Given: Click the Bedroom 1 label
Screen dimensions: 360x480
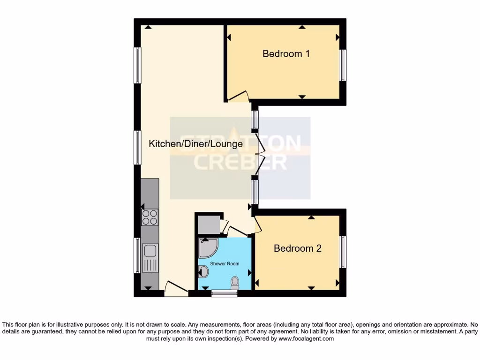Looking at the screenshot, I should (x=286, y=54).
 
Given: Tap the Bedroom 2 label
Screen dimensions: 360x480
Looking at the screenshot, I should (x=298, y=248).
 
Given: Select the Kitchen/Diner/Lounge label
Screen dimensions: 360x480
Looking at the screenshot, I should (x=195, y=144).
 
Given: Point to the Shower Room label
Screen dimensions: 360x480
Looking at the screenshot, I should (x=225, y=264).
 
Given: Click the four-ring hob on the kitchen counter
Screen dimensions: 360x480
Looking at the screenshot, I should (x=150, y=217).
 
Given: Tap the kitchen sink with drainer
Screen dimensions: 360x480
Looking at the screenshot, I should (x=150, y=258).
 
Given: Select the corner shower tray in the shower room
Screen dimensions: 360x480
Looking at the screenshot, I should (x=207, y=247).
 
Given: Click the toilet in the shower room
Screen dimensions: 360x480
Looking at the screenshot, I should (x=235, y=282).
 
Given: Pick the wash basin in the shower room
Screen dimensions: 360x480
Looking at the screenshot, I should (x=203, y=271).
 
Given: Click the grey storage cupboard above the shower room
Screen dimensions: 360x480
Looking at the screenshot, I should (x=208, y=225).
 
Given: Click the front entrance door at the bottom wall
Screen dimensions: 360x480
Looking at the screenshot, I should (x=176, y=288).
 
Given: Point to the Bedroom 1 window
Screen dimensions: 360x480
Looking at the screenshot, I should (x=343, y=65).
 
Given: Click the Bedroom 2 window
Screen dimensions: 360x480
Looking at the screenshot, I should (x=343, y=252).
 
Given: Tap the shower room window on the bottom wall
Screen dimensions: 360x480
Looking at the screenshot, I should (x=224, y=293).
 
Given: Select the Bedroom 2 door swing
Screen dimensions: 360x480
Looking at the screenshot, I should (x=257, y=226).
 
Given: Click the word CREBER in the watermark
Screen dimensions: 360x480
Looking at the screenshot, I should (x=240, y=163).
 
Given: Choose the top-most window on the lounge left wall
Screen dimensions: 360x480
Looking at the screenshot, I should (x=137, y=65).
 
